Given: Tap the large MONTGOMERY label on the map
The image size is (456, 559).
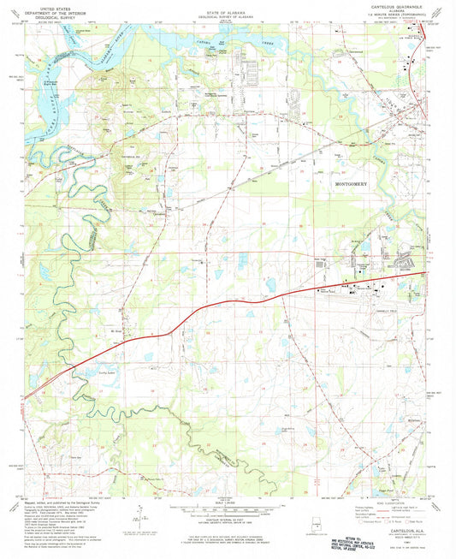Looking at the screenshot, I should pos(352,183).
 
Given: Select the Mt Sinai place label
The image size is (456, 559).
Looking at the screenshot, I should pos(118,329).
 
